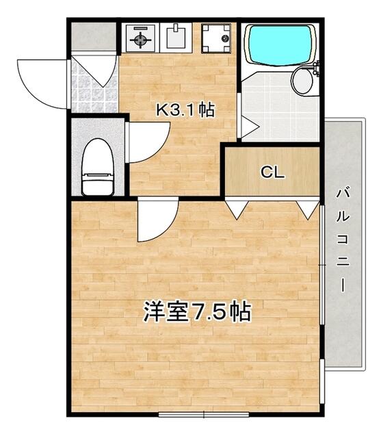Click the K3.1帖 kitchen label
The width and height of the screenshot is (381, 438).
pyautogui.click(x=185, y=109)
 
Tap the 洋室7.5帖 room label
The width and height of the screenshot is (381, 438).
pyautogui.click(x=197, y=311)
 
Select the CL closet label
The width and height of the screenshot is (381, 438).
pyautogui.click(x=272, y=172)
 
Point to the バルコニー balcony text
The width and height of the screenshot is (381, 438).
pyautogui.click(x=343, y=240)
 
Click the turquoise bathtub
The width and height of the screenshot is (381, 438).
pyautogui.click(x=280, y=45)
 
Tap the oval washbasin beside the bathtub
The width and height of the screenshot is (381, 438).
pyautogui.click(x=302, y=81)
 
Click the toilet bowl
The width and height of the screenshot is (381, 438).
pyautogui.click(x=98, y=167)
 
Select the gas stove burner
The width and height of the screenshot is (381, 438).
pyautogui.click(x=140, y=40)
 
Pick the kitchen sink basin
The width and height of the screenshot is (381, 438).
pyautogui.click(x=176, y=38)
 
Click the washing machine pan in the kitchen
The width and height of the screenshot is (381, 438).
pyautogui.click(x=216, y=38)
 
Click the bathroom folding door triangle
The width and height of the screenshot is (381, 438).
pyautogui.click(x=250, y=127)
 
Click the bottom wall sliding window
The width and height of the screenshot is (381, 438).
pyautogui.click(x=204, y=414)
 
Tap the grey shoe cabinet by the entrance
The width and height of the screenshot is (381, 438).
pyautogui.click(x=94, y=36)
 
